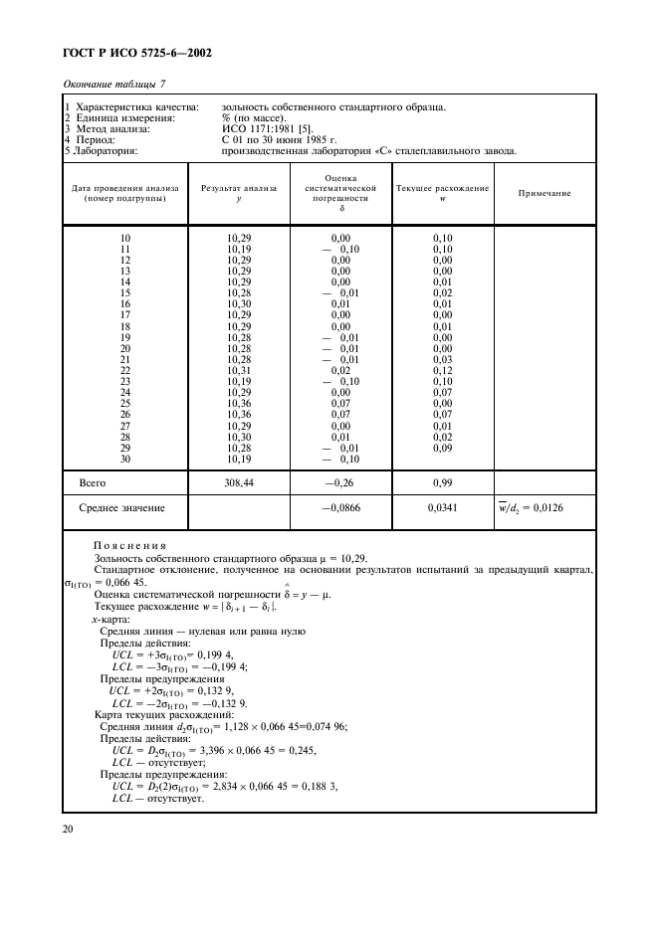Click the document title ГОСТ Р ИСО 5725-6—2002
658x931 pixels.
pos(130,53)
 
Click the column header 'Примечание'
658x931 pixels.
pos(544,193)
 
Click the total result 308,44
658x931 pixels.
pos(239,481)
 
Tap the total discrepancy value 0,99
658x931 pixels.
pos(442,481)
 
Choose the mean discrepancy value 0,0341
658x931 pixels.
pos(442,508)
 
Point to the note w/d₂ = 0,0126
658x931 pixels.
pos(545,508)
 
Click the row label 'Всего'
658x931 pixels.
pos(93,481)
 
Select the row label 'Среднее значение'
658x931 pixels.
pos(121,508)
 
